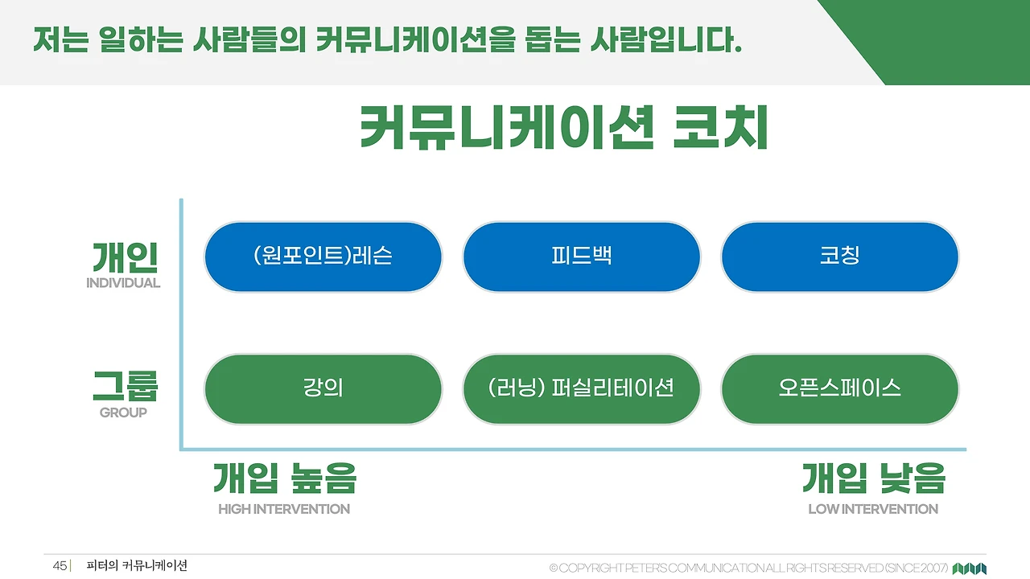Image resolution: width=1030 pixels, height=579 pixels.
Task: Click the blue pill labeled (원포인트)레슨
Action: pyautogui.click(x=323, y=257)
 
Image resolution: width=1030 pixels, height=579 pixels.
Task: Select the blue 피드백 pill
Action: pyautogui.click(x=581, y=257)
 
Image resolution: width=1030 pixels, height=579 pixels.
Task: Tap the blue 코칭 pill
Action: pyautogui.click(x=839, y=257)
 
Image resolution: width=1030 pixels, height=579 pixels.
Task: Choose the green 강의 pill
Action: pyautogui.click(x=323, y=388)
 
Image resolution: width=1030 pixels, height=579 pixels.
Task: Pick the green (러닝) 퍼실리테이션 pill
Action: pyautogui.click(x=581, y=388)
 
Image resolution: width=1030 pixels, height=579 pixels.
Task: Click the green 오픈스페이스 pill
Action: pyautogui.click(x=839, y=388)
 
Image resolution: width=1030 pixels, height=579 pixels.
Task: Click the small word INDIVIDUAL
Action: pyautogui.click(x=123, y=283)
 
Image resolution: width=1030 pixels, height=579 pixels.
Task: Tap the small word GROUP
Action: pyautogui.click(x=123, y=413)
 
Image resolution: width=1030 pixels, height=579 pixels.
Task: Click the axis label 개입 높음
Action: pyautogui.click(x=284, y=478)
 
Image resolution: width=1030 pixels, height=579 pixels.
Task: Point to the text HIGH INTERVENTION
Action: pyautogui.click(x=284, y=509)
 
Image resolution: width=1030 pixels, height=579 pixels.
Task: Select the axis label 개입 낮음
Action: pyautogui.click(x=873, y=478)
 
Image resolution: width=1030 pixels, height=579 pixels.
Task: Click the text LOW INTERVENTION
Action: pyautogui.click(x=873, y=509)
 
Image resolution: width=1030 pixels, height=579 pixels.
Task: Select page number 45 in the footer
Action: pyautogui.click(x=60, y=566)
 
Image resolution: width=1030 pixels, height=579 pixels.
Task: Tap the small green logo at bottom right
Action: pyautogui.click(x=970, y=569)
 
